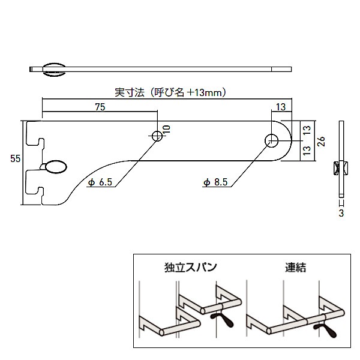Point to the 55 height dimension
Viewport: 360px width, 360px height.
(16, 158)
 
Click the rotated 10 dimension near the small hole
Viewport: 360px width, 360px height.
(166, 130)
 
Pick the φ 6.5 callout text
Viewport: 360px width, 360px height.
(100, 184)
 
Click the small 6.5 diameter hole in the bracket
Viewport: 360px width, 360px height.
(157, 136)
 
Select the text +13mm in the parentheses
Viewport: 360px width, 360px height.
(206, 93)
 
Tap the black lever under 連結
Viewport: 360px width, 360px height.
(327, 329)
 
